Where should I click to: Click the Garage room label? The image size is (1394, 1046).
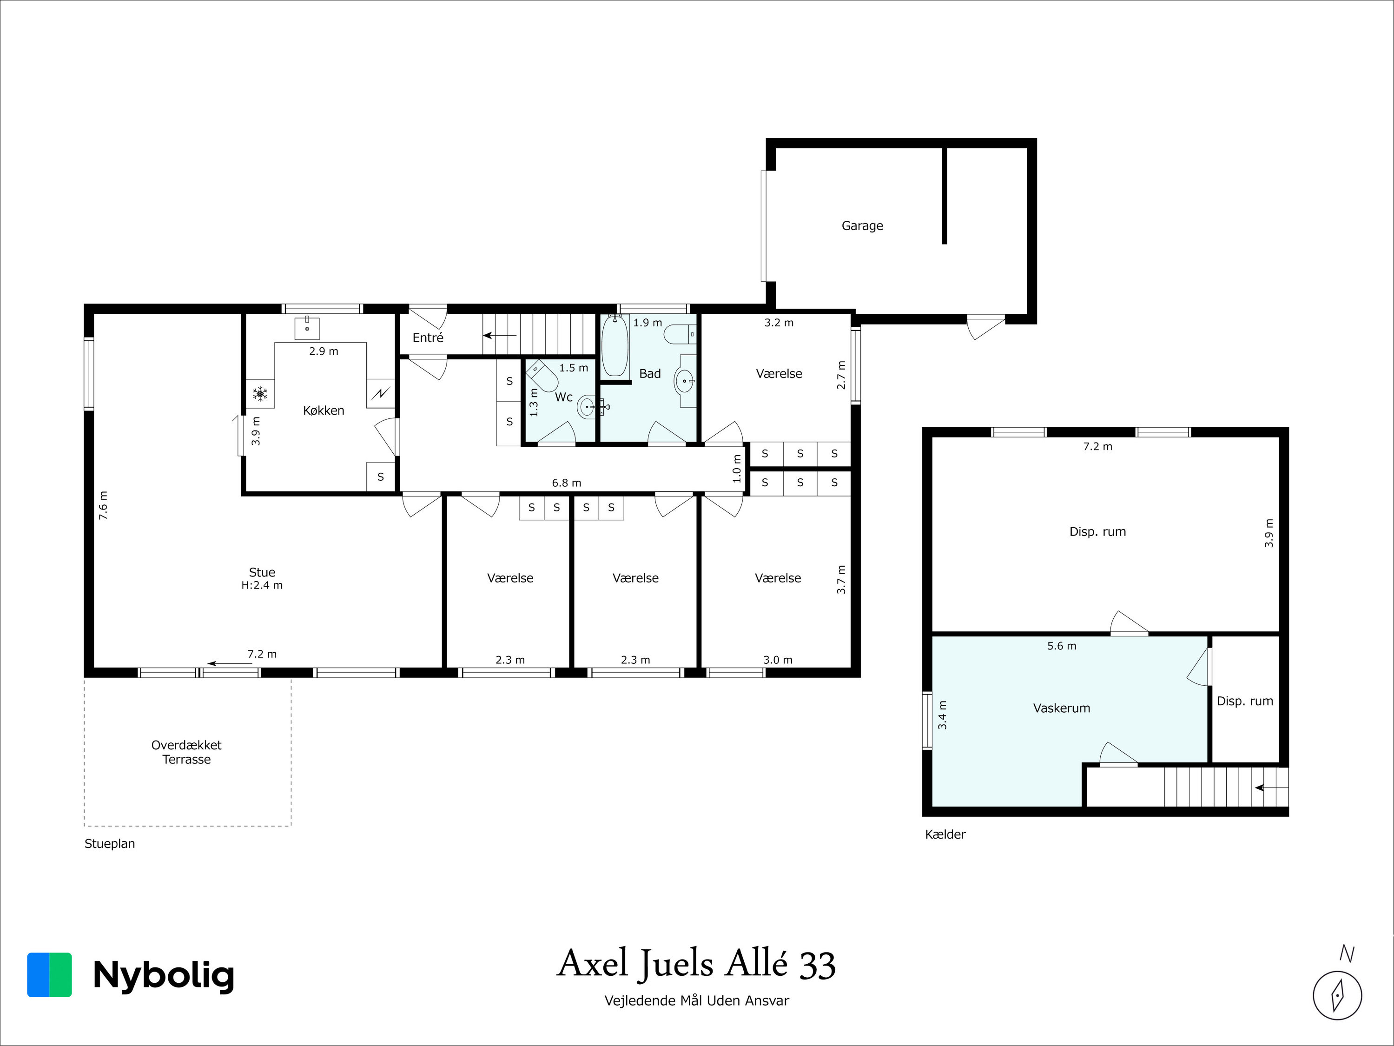(862, 225)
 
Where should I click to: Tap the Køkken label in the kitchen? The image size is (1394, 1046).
(324, 410)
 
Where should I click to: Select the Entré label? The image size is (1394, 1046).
(428, 338)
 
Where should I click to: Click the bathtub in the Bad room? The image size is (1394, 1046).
(614, 346)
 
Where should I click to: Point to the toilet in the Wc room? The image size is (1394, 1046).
(542, 376)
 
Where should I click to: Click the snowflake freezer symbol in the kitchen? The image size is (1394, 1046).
(260, 394)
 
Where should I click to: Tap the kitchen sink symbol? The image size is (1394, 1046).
(307, 328)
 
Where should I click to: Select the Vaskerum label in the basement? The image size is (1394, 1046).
(1061, 708)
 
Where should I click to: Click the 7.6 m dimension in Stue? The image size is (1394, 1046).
(103, 505)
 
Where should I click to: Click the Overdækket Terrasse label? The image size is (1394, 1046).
(186, 752)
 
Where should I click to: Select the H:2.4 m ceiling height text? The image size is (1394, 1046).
(262, 585)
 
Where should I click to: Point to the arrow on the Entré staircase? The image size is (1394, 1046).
(500, 336)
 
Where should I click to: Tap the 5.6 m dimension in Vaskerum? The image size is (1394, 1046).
(1062, 646)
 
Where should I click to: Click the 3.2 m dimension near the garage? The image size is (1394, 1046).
(779, 323)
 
